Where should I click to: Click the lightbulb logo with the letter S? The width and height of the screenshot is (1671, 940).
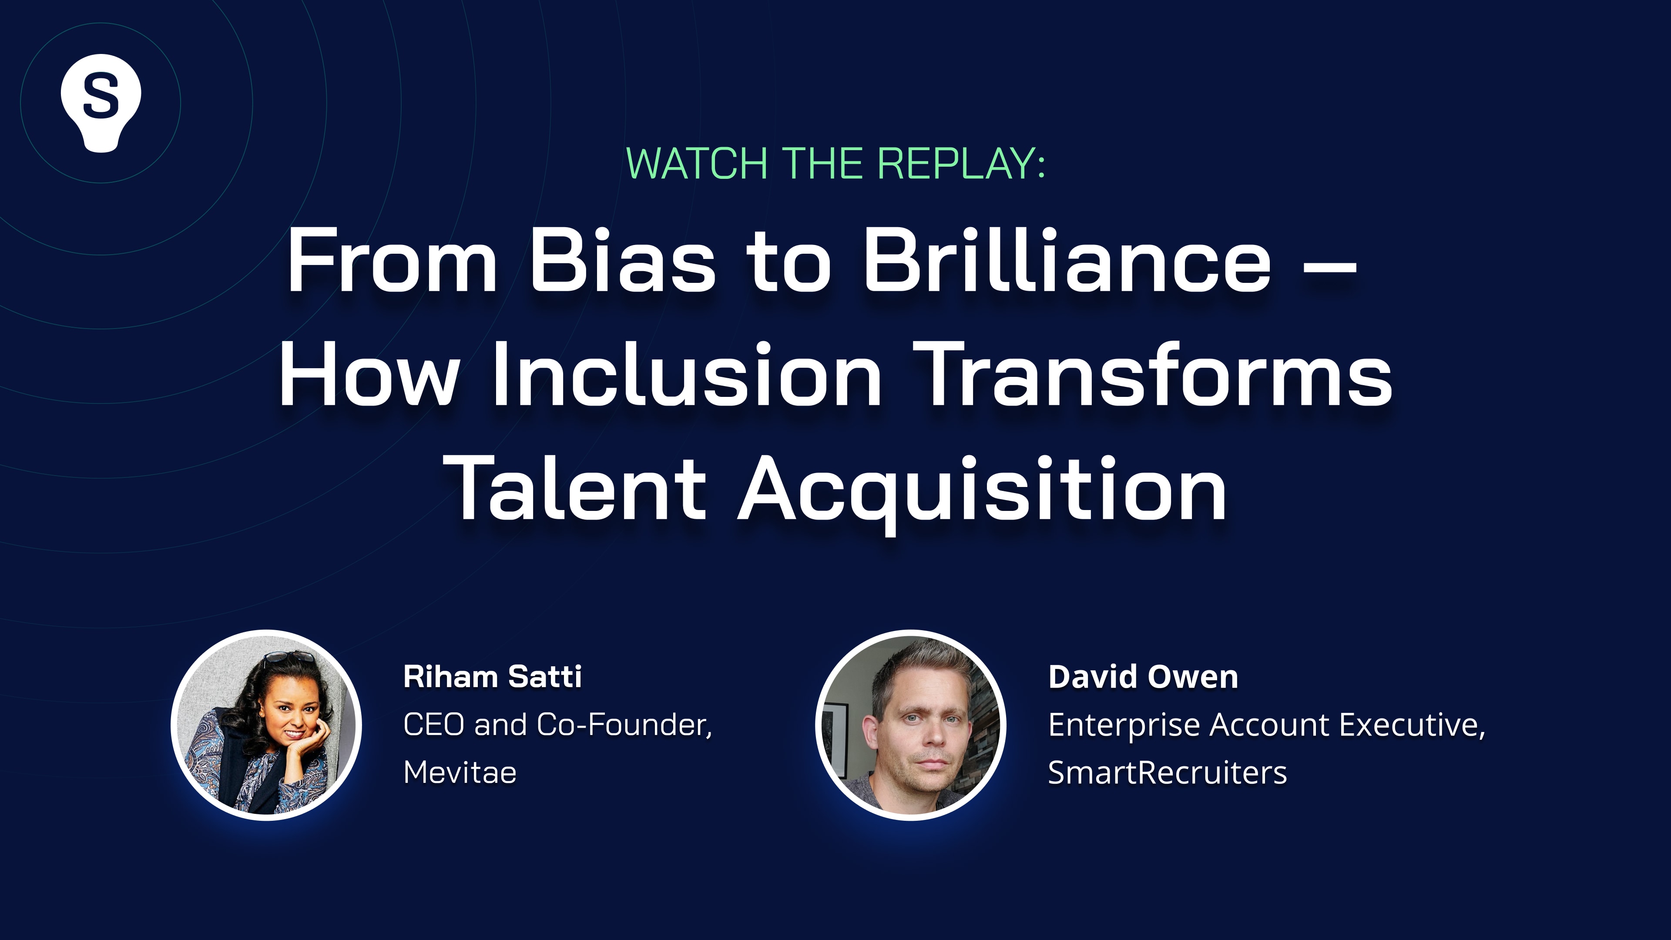click(x=101, y=103)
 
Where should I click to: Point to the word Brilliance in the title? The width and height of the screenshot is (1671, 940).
click(x=1067, y=259)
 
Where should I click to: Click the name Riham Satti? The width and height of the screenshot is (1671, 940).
click(x=492, y=677)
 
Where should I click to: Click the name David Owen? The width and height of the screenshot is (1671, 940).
click(x=1143, y=677)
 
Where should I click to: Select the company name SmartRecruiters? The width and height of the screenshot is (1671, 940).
click(x=1168, y=772)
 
